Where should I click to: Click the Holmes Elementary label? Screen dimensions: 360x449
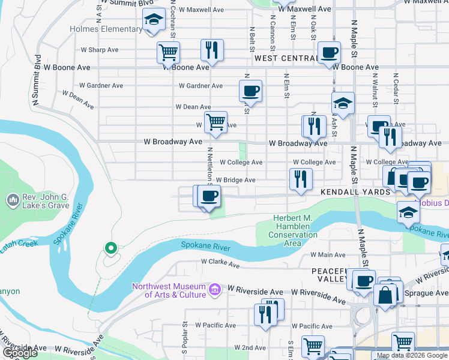pyautogui.click(x=106, y=29)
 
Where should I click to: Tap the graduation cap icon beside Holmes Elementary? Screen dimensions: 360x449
pyautogui.click(x=154, y=20)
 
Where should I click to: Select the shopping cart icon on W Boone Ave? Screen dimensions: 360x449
pyautogui.click(x=169, y=52)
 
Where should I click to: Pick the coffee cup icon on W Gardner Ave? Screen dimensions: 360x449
pyautogui.click(x=250, y=91)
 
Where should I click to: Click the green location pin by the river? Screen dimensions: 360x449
pyautogui.click(x=110, y=247)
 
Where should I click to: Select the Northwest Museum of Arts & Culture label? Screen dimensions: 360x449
pyautogui.click(x=170, y=290)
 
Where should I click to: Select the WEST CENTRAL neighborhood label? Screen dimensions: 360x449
pyautogui.click(x=286, y=58)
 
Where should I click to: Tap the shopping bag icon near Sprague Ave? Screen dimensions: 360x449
pyautogui.click(x=385, y=295)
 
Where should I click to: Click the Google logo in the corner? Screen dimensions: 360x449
pyautogui.click(x=19, y=353)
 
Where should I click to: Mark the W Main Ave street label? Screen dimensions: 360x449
pyautogui.click(x=328, y=255)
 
